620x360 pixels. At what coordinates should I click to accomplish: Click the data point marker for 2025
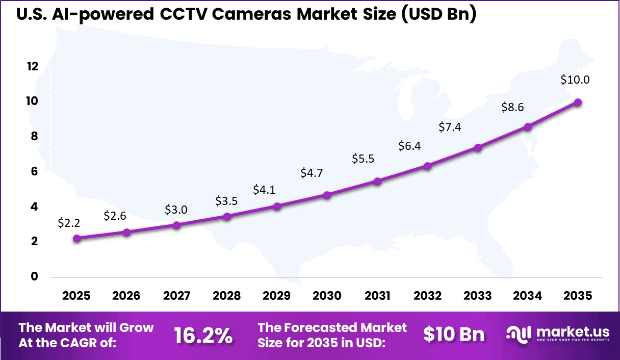pyautogui.click(x=76, y=239)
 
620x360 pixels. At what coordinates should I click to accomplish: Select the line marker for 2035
pyautogui.click(x=578, y=102)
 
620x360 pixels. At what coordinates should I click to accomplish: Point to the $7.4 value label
pyautogui.click(x=450, y=127)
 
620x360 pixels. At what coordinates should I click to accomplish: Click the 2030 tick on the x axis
pyautogui.click(x=327, y=296)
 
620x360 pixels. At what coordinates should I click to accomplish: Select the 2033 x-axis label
pyautogui.click(x=478, y=296)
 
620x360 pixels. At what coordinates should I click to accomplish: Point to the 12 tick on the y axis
pyautogui.click(x=33, y=66)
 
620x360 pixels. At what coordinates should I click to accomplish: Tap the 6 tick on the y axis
pyautogui.click(x=35, y=171)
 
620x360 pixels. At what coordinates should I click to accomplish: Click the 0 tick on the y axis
pyautogui.click(x=35, y=276)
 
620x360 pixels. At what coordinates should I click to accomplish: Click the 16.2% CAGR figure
pyautogui.click(x=203, y=336)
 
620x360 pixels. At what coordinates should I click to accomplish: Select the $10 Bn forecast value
pyautogui.click(x=454, y=335)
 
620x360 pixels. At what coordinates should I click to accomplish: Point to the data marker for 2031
pyautogui.click(x=377, y=182)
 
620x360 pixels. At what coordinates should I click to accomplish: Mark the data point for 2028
pyautogui.click(x=227, y=217)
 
